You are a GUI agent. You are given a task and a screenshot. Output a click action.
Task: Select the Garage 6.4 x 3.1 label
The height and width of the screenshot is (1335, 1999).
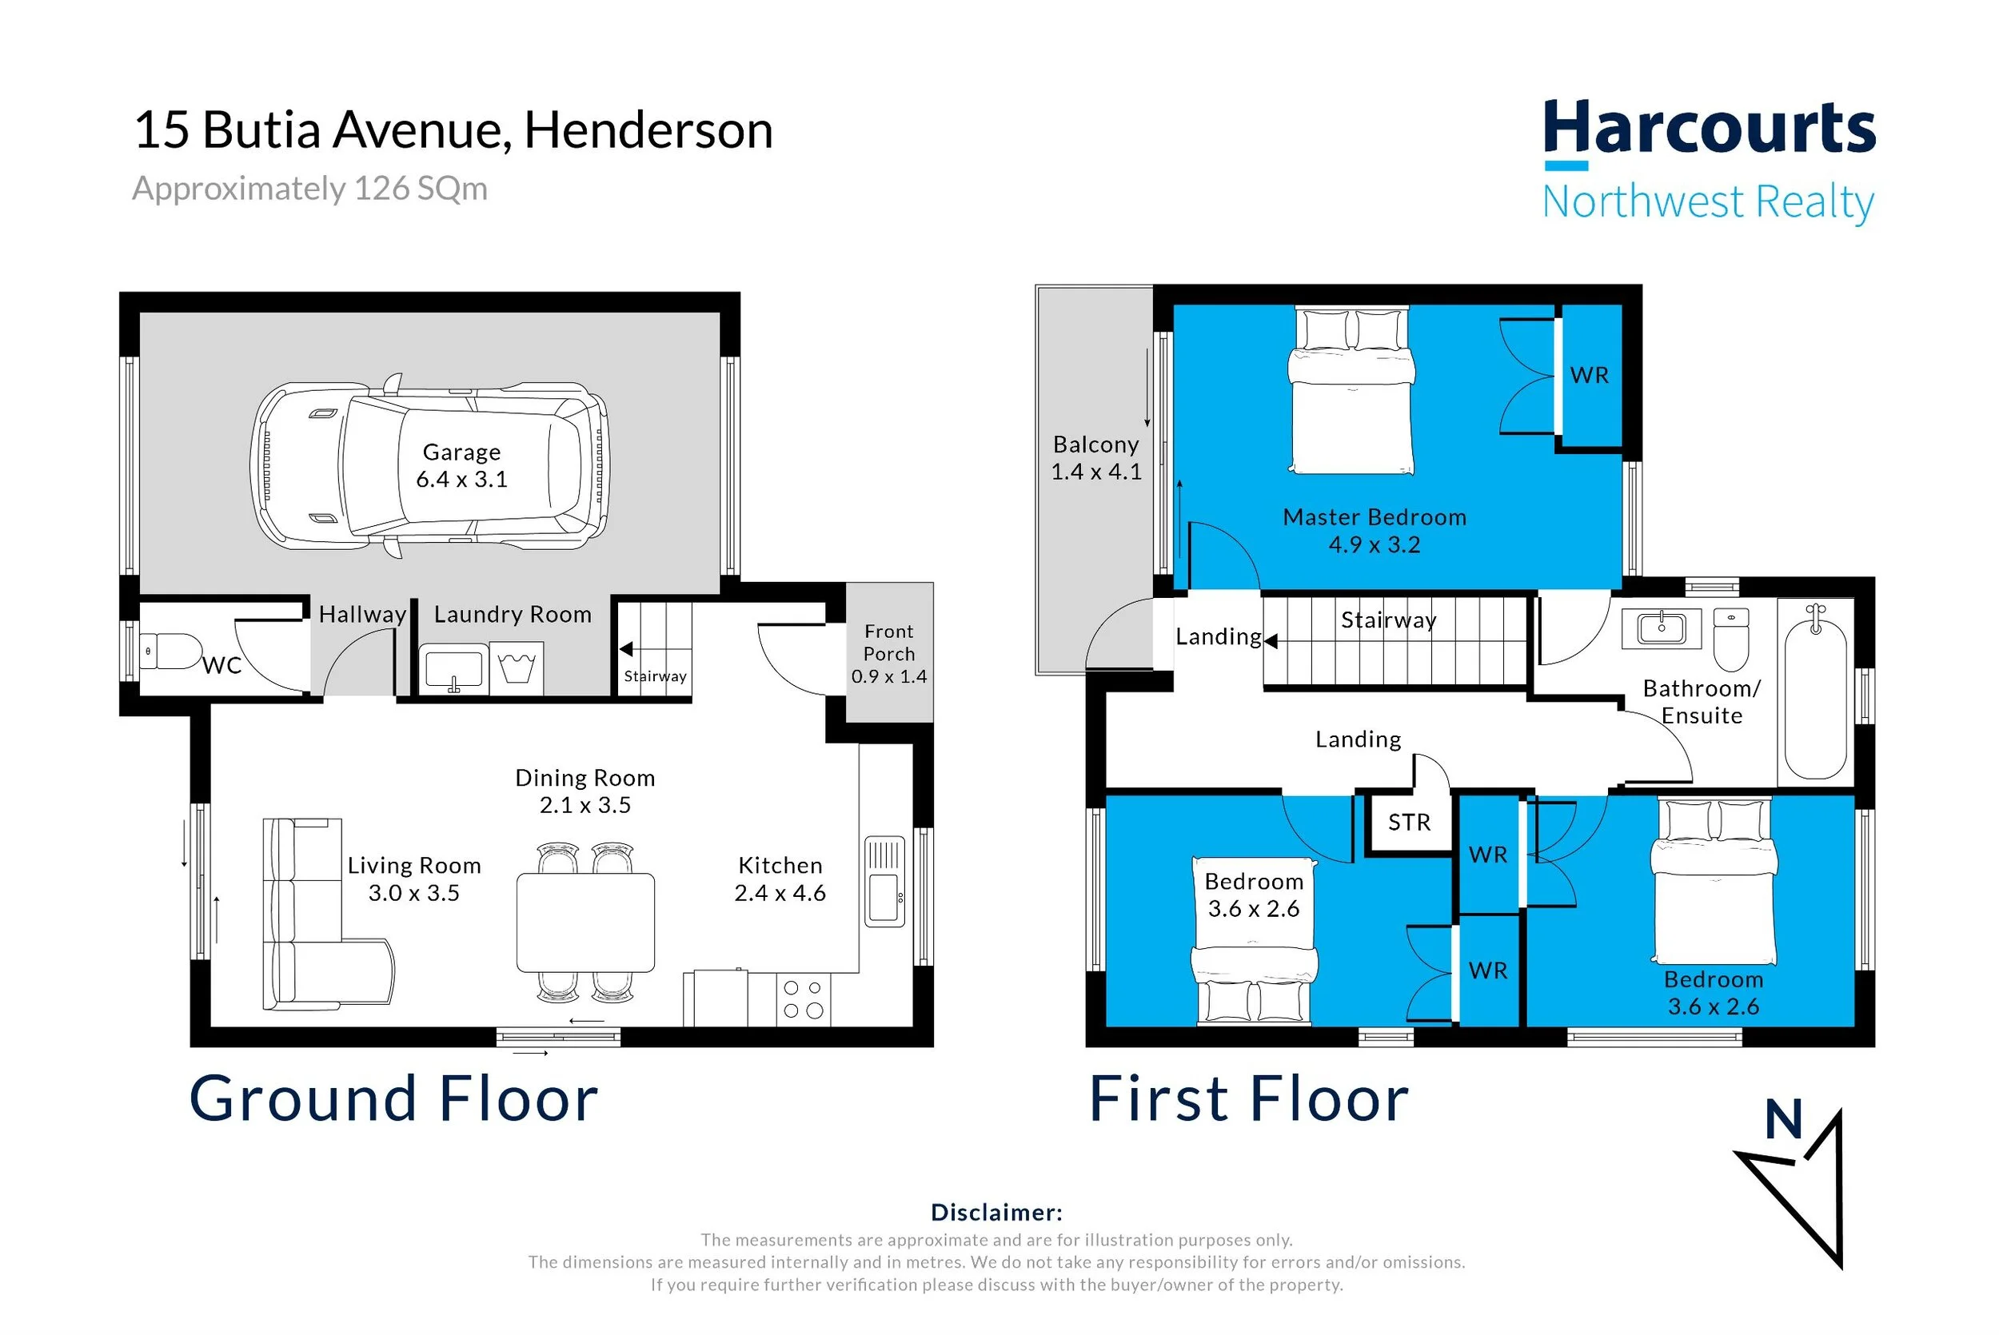point(461,466)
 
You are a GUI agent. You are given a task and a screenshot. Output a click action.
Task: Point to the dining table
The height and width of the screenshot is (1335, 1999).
point(586,922)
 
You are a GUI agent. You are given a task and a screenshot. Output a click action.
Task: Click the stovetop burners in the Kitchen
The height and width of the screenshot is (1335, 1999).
point(803,999)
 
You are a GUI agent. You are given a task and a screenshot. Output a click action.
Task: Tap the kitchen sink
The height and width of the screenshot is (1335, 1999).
point(884,881)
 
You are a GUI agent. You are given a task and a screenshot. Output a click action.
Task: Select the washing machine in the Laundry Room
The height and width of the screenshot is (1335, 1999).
point(516,668)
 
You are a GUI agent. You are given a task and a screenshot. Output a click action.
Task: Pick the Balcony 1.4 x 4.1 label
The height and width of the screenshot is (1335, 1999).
point(1095,458)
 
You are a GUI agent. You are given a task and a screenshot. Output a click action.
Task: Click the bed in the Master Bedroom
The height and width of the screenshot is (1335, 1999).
point(1351,391)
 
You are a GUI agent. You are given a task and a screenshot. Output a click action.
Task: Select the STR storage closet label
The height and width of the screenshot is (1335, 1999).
point(1409,823)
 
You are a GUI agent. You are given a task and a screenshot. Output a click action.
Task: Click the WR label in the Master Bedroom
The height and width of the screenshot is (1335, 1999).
point(1589,376)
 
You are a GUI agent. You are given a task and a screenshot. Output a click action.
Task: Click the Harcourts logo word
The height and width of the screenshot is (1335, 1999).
point(1710,127)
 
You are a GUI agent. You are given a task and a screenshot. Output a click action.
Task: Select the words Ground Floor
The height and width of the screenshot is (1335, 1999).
point(393,1098)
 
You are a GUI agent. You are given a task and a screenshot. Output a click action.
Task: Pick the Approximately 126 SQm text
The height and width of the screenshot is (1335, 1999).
point(310,189)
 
